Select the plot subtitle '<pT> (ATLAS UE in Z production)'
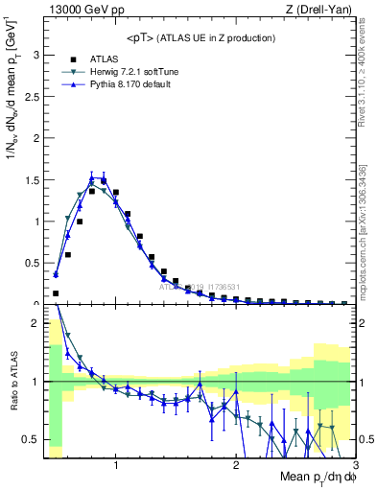pos(201,37)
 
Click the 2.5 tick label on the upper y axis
pos(30,96)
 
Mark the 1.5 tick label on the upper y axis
pos(30,179)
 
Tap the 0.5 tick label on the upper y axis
pos(30,263)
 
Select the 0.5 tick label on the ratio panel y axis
pos(30,439)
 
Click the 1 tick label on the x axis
pos(116,465)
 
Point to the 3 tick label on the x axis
pos(354,465)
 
